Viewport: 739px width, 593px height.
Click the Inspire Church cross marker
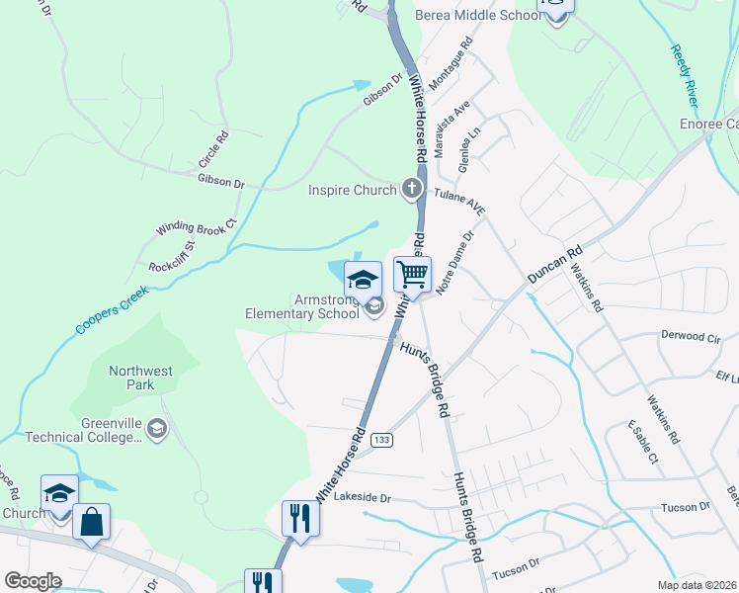411,189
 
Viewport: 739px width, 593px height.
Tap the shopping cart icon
412,272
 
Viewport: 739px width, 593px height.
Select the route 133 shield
383,439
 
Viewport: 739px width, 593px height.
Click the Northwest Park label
140,378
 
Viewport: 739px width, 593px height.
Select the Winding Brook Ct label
198,226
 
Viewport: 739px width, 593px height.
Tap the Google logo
33,581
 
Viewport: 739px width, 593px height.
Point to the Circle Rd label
213,148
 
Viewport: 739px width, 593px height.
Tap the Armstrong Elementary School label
302,306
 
